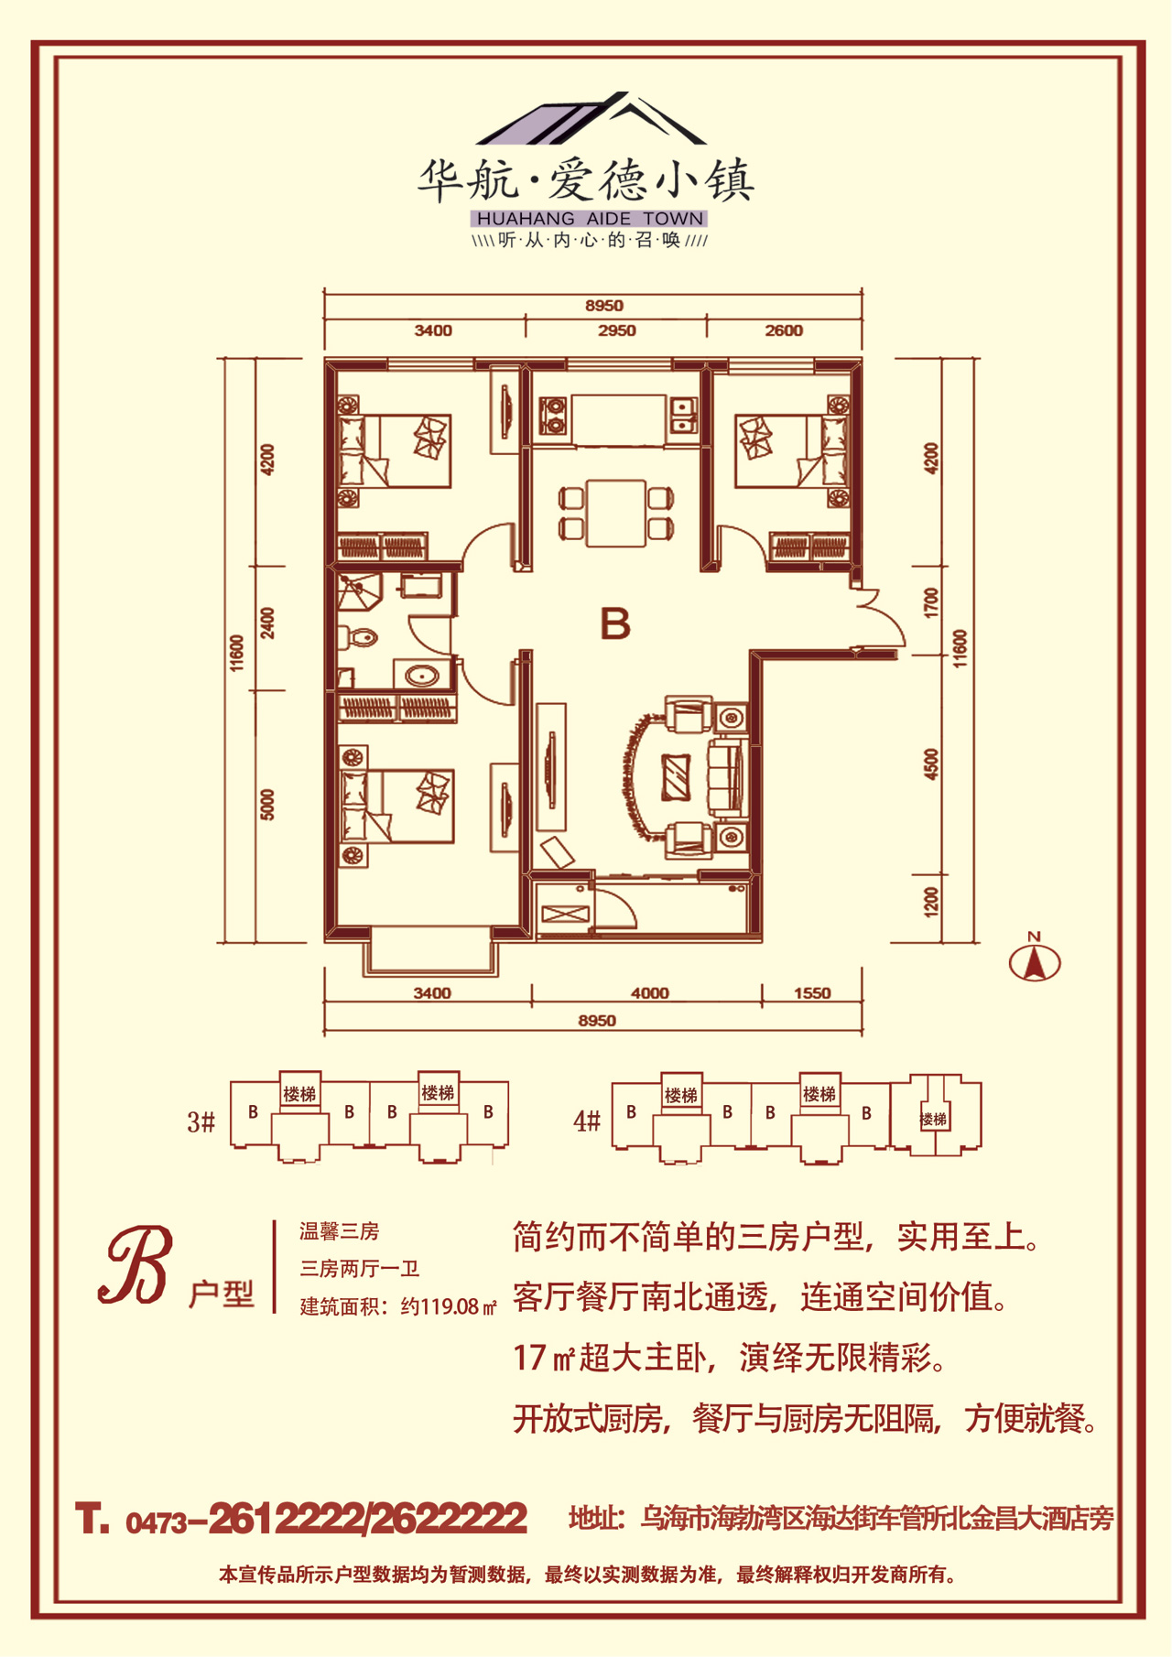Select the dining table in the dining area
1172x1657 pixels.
pyautogui.click(x=617, y=512)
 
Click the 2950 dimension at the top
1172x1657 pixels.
pyautogui.click(x=616, y=330)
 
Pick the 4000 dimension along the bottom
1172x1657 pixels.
pyautogui.click(x=649, y=993)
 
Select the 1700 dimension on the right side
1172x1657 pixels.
pyautogui.click(x=932, y=604)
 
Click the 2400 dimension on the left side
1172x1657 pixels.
pyautogui.click(x=267, y=623)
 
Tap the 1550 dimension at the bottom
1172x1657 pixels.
pyautogui.click(x=812, y=993)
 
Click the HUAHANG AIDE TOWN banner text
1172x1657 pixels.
pyautogui.click(x=590, y=219)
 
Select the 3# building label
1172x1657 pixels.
pyautogui.click(x=201, y=1121)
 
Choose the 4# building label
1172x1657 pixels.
pyautogui.click(x=587, y=1121)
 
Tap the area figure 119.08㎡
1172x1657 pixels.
pyautogui.click(x=458, y=1307)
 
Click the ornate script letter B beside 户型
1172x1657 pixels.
pyautogui.click(x=136, y=1267)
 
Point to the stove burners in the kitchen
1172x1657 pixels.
pyautogui.click(x=554, y=415)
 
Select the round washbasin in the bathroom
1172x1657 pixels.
pyautogui.click(x=422, y=677)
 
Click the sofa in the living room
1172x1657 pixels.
pyautogui.click(x=728, y=777)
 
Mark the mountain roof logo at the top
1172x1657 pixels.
pyautogui.click(x=591, y=119)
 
